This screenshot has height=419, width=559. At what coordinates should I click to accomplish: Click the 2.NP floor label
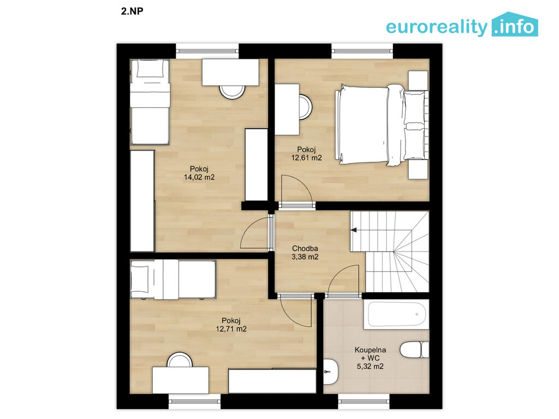pos(132,11)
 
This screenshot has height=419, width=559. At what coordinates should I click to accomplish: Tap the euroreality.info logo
pos(462,25)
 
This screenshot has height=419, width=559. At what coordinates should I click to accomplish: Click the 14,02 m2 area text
pos(199,177)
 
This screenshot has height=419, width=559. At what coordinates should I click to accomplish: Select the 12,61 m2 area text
pos(307,158)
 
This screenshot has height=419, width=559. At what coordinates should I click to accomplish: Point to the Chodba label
pos(305,248)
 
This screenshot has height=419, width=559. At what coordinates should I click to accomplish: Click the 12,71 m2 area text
pos(231,329)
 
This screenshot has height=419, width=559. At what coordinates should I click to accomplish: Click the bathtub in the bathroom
pos(396,315)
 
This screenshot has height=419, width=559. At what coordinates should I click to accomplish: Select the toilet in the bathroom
pos(414,350)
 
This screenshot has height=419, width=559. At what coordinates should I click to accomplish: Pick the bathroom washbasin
pos(330,372)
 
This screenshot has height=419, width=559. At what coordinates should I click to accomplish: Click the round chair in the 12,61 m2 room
pos(306,107)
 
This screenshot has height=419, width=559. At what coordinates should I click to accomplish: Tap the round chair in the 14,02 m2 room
pos(233,92)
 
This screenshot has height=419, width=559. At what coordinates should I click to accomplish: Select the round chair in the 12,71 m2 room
pos(180,360)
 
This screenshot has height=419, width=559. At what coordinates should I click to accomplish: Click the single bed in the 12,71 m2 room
pos(173,279)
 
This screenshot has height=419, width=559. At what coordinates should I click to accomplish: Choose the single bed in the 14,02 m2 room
pos(150,102)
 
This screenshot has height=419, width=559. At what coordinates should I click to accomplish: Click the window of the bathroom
pos(364,402)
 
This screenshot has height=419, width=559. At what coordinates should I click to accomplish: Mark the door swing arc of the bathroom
pos(338,275)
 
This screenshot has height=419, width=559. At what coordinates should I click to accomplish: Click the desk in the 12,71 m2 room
pos(181,380)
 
